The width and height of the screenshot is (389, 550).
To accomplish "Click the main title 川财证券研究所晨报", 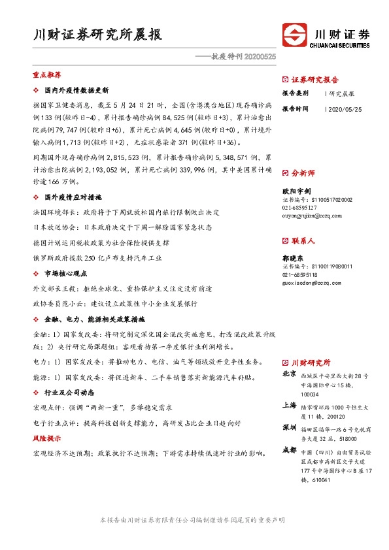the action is click(97, 35).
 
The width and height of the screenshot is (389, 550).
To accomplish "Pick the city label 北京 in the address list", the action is click(290, 374).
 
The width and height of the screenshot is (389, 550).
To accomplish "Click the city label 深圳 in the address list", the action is click(290, 427).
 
